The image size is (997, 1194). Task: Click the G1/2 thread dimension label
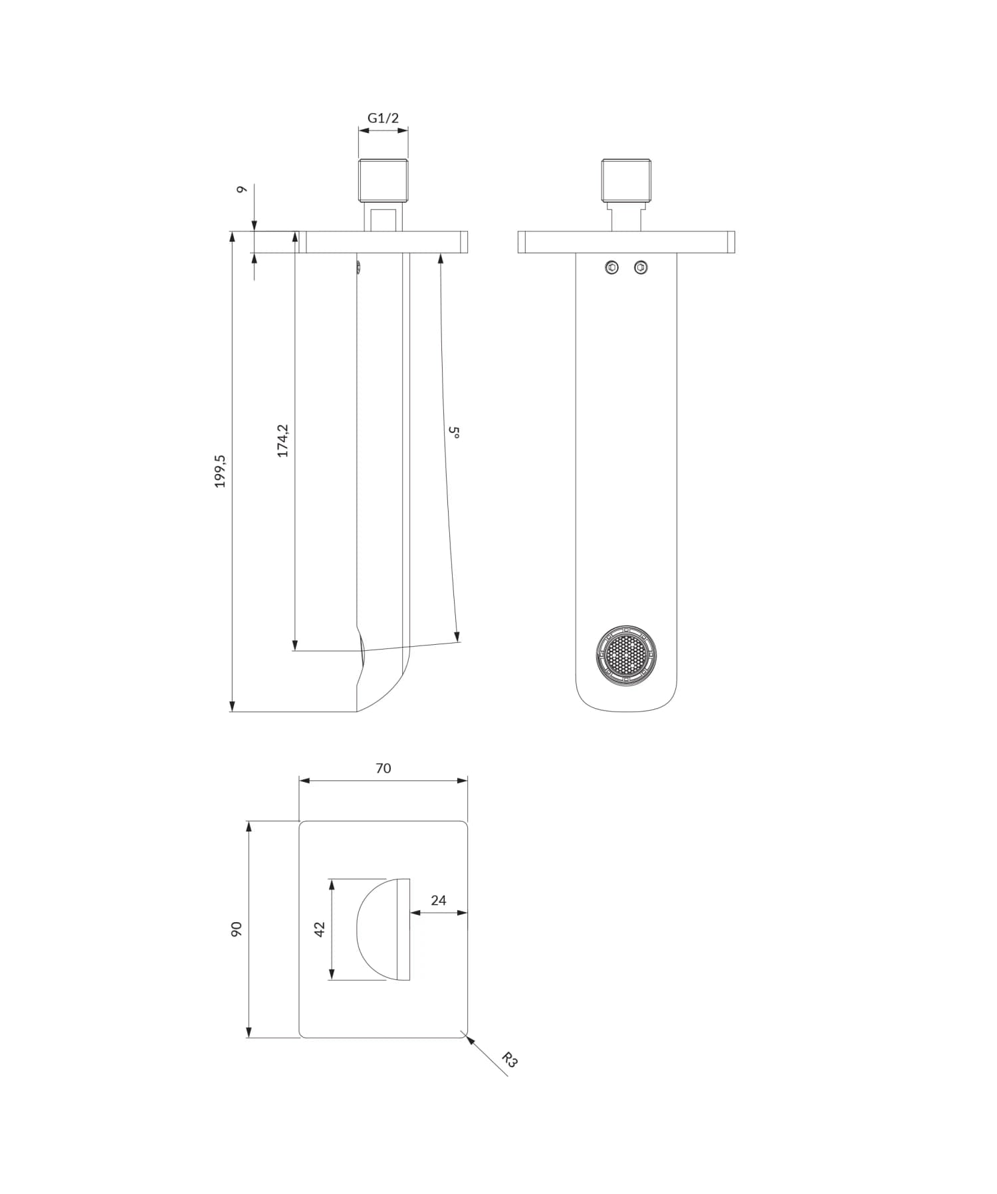[383, 118]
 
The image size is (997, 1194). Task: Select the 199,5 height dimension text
[220, 471]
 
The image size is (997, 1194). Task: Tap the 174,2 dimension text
[283, 440]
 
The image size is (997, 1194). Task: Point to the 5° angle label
[455, 432]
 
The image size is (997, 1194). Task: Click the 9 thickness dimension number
[242, 189]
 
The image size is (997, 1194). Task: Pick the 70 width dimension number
[383, 769]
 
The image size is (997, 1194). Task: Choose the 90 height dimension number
[236, 929]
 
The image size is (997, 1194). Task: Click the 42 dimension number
[319, 929]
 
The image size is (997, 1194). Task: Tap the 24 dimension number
[438, 900]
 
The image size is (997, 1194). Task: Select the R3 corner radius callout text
[509, 1060]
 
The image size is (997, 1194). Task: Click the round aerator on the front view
[625, 655]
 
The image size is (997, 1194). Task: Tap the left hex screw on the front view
[612, 268]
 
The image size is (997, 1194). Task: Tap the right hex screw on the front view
[641, 268]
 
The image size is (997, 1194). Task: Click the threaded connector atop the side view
[383, 180]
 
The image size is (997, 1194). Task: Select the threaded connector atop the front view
[626, 180]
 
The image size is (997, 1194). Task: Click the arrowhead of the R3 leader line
[471, 1040]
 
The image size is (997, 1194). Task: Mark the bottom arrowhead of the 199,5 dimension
[232, 706]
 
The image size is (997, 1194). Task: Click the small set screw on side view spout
[359, 267]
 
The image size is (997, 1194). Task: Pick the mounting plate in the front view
[626, 242]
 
